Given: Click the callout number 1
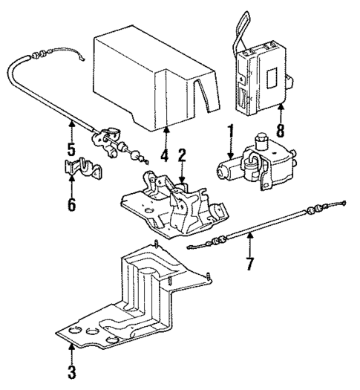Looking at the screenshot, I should point(231,132).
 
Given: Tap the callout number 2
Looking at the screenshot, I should point(180,155).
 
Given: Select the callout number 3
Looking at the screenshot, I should point(71,371).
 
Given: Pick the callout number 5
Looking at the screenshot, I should point(71,149).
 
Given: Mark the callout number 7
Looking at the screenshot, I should point(249,263).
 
